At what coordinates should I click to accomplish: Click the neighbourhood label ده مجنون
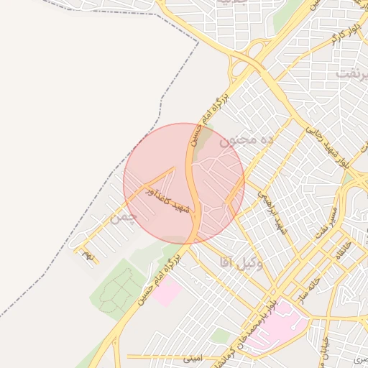click(247, 141)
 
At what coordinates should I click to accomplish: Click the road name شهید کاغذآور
click(167, 200)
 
